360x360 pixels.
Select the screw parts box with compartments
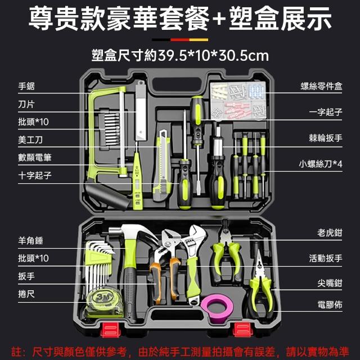[238, 101]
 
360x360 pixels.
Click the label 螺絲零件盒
[321, 86]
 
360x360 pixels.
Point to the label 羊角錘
[30, 240]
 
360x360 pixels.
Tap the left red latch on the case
[110, 330]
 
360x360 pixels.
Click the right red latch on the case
[242, 330]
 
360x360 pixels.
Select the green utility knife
[163, 165]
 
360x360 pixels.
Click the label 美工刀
[30, 139]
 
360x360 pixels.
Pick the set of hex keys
[99, 264]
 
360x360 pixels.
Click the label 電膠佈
[330, 305]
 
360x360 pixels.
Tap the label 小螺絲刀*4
[321, 164]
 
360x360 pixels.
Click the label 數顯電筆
[35, 157]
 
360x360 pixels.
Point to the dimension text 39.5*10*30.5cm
[213, 56]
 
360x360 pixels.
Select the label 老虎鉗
[330, 233]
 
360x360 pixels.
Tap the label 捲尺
[26, 294]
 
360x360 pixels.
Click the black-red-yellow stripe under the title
[180, 40]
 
